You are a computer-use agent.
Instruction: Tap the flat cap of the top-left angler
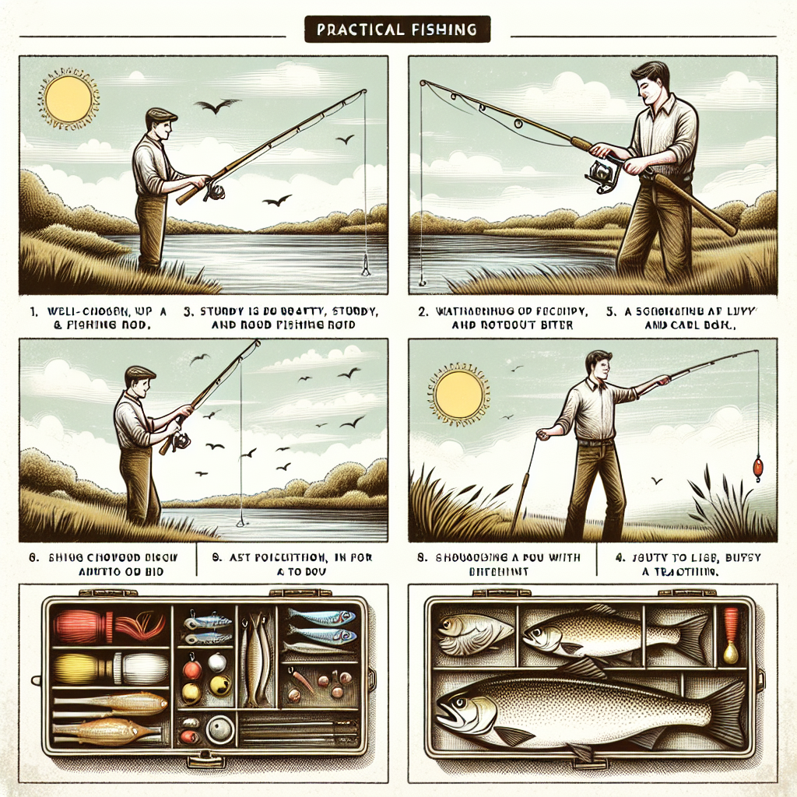(x=161, y=114)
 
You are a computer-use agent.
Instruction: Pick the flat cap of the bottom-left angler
(x=140, y=372)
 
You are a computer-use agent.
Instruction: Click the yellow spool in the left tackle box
(x=74, y=668)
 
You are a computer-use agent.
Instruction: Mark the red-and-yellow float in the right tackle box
(x=729, y=634)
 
